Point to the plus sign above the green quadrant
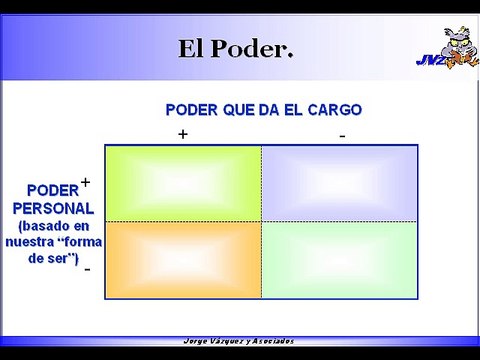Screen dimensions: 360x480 [x=183, y=134]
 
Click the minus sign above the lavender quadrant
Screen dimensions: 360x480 [x=341, y=134]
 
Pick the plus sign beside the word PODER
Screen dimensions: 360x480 [x=86, y=182]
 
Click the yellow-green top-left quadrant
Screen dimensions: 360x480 [x=183, y=183]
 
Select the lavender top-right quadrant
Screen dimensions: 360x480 [x=340, y=183]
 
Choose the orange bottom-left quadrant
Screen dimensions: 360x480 [x=183, y=259]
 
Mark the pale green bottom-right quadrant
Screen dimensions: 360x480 [x=340, y=259]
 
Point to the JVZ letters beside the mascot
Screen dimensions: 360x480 [x=429, y=60]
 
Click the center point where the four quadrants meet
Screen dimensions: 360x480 [x=262, y=221]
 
